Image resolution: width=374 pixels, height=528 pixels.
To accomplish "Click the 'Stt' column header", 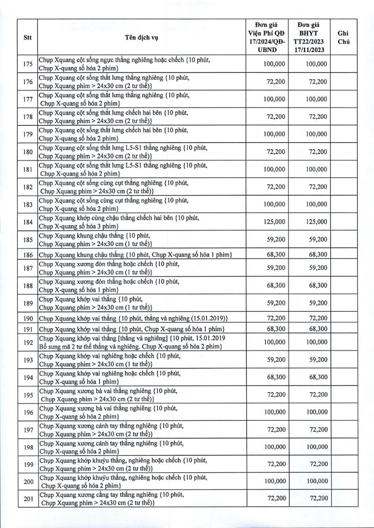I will click(x=27, y=38).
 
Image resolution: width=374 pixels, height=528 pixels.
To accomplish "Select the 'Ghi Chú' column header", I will click(x=343, y=38).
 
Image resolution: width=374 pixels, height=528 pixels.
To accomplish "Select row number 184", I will click(x=27, y=221).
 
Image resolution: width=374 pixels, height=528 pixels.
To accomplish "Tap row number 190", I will click(x=27, y=318).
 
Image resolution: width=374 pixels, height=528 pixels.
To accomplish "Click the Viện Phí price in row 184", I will click(x=274, y=221).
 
